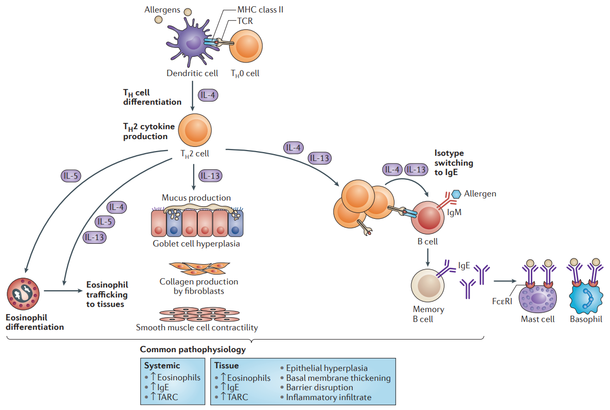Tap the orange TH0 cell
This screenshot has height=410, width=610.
[246, 46]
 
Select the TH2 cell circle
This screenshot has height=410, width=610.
[195, 130]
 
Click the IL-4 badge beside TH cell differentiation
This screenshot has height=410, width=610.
[208, 95]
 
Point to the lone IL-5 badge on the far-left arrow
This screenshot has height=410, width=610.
[71, 176]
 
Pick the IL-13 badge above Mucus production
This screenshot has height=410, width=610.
[210, 176]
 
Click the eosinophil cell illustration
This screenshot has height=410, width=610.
[23, 294]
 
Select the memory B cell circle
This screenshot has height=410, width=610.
[428, 285]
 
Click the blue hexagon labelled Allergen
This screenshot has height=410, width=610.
[456, 193]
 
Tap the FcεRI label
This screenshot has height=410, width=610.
[502, 301]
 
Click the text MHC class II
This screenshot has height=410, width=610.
[260, 10]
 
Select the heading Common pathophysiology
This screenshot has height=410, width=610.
[193, 350]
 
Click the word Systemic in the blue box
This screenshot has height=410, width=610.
[162, 366]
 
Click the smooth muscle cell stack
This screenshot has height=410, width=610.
[199, 315]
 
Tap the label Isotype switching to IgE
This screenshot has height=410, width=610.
[453, 163]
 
